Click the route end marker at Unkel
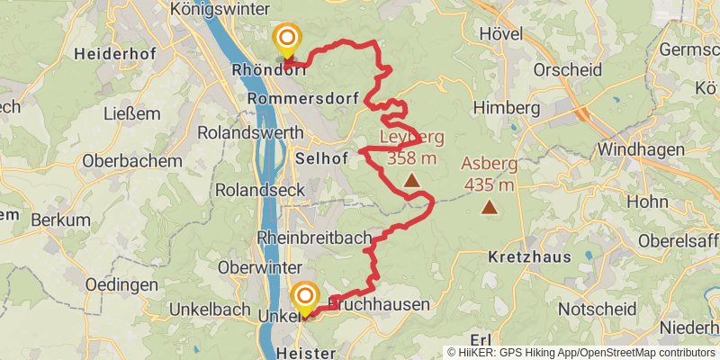305,295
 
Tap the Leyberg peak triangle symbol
411,181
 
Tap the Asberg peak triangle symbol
489,208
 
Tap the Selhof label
320,157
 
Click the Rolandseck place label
260,190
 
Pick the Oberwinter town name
261,267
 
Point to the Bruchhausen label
378,305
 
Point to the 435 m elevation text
490,185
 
